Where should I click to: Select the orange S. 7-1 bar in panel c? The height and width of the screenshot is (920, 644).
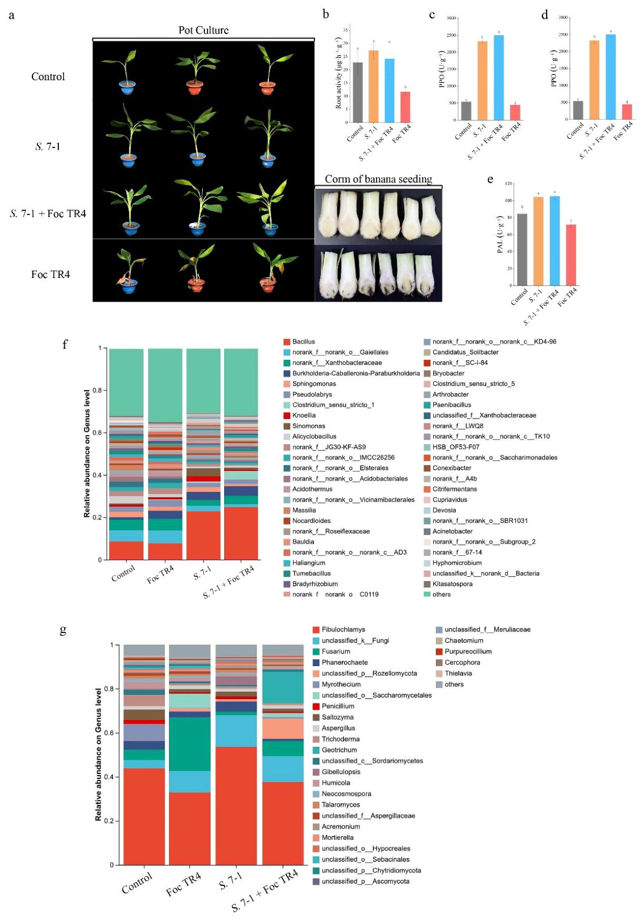coord(482,80)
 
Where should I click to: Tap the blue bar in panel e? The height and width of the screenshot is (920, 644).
coord(555,241)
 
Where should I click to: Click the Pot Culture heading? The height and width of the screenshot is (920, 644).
coord(203,30)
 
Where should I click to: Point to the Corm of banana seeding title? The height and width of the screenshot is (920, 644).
coord(378,179)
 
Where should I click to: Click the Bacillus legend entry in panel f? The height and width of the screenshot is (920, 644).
coord(303,342)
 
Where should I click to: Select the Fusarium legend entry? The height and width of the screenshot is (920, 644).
coord(335,651)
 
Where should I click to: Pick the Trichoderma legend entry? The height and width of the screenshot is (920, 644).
coord(340,739)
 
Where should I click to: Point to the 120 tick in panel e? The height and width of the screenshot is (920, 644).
coord(508,183)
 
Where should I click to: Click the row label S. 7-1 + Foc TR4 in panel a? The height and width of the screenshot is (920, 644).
coord(48,214)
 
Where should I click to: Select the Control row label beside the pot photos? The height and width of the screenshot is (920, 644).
coord(48,76)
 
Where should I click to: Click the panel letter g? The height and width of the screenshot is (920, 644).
coord(63,630)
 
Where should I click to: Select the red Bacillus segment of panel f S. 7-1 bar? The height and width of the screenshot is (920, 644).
coord(203,535)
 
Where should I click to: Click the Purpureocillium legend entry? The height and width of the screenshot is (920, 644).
coord(467,651)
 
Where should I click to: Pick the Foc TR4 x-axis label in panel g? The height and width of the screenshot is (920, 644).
coord(183,884)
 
